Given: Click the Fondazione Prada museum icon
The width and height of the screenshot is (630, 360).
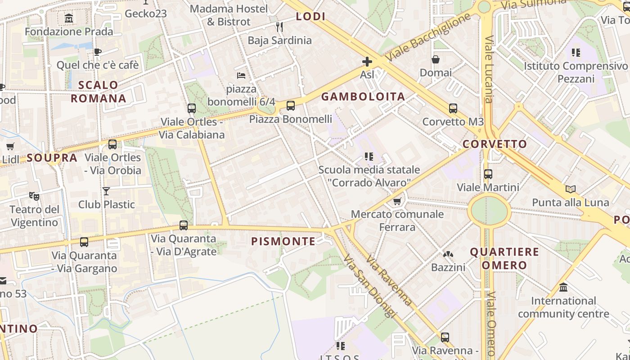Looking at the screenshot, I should (69, 18).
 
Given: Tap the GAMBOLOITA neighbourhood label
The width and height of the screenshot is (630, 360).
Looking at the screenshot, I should (363, 96).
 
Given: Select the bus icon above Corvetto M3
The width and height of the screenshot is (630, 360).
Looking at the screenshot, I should (453, 108).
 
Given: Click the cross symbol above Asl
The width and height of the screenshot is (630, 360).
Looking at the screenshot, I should (367, 62).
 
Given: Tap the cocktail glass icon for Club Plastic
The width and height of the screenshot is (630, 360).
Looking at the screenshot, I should (106, 191).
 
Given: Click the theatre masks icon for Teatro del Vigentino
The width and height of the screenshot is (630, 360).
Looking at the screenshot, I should (34, 196).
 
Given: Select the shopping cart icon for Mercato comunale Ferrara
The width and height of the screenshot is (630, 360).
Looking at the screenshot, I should (397, 201).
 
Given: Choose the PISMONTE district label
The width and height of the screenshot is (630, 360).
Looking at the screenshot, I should (283, 241).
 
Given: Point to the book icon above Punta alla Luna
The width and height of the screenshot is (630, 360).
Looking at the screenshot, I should (571, 189).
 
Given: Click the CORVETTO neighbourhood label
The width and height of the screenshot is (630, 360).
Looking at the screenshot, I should (495, 144).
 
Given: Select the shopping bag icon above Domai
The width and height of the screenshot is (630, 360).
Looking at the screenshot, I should (436, 59).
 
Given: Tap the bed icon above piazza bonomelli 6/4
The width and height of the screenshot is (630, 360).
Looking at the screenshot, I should (241, 75).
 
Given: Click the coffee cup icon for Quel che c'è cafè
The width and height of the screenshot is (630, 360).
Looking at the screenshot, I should (98, 52).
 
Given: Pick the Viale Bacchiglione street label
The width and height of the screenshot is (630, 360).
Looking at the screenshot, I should (428, 37).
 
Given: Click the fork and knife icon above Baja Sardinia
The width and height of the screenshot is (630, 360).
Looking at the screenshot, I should (279, 27).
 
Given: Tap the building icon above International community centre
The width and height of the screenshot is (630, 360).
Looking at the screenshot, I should (563, 287).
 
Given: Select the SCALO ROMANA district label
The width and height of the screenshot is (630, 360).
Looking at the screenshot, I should (98, 91).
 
